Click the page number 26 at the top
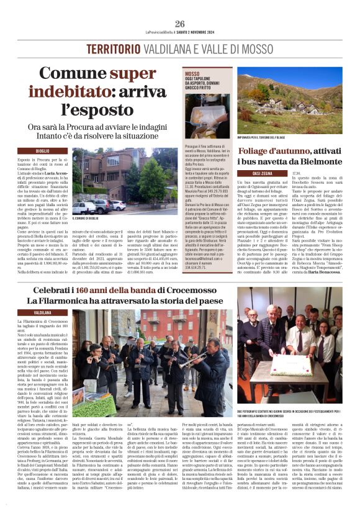point(180,23)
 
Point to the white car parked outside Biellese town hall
point(118,205)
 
